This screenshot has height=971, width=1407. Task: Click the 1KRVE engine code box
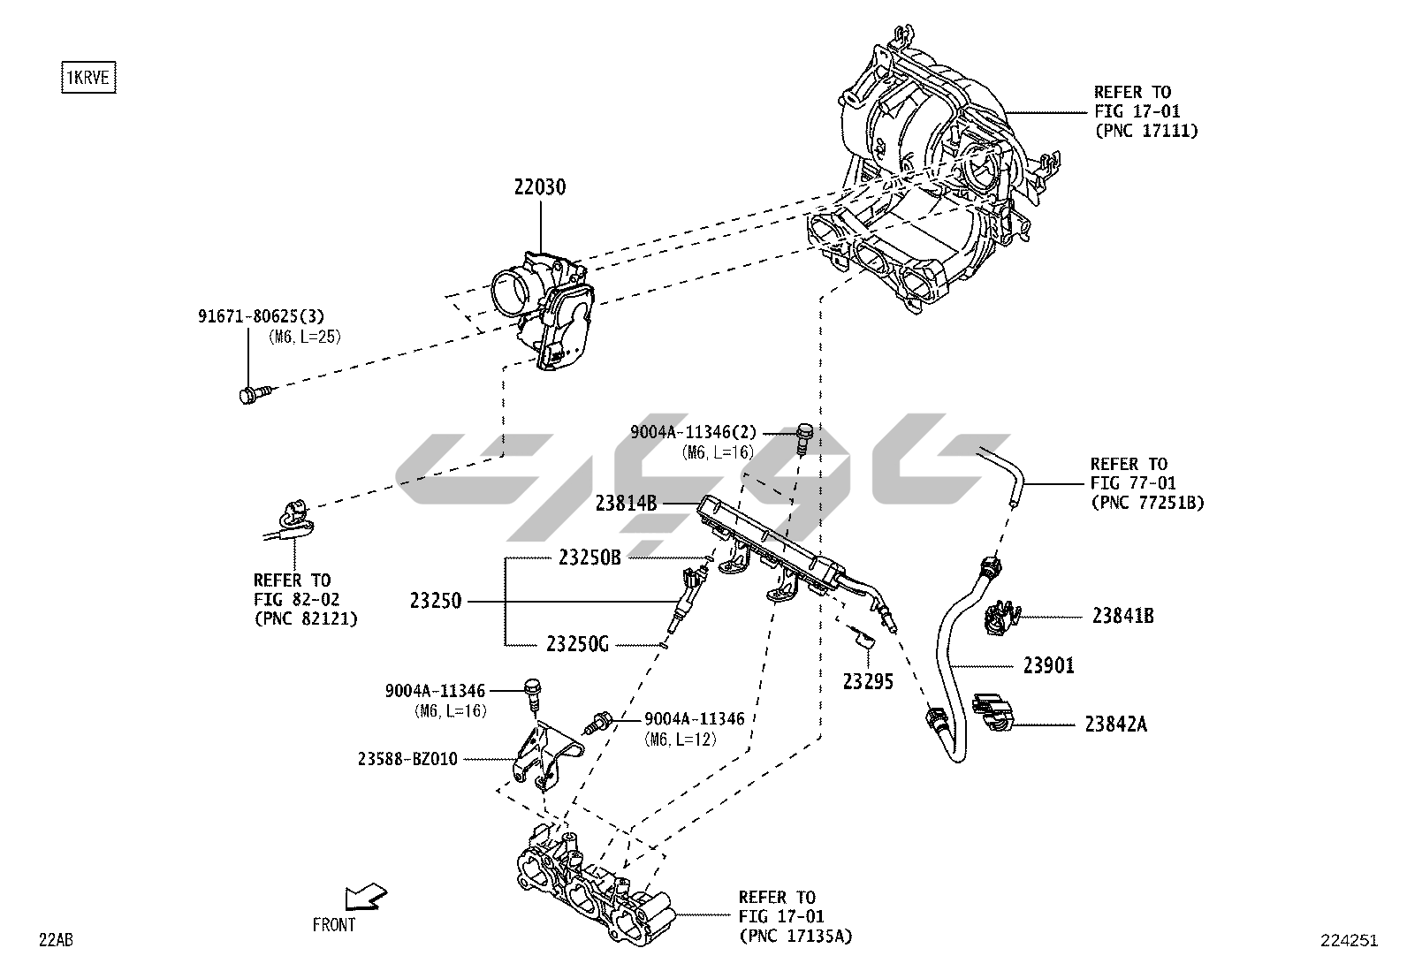(x=88, y=78)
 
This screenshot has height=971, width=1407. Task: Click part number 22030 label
(x=539, y=187)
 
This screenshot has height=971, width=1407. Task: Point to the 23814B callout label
(x=626, y=504)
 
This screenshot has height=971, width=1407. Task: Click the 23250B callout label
(x=590, y=558)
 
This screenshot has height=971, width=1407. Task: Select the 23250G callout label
(x=577, y=644)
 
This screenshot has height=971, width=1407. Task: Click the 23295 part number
(x=868, y=681)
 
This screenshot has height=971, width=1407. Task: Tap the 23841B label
(x=1122, y=617)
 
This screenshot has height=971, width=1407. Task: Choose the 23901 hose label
(x=1049, y=665)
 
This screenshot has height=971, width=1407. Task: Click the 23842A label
(x=1115, y=724)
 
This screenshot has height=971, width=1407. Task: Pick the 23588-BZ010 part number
(x=407, y=758)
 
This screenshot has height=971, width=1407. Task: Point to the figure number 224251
(x=1349, y=941)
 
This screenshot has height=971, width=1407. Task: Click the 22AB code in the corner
(x=55, y=940)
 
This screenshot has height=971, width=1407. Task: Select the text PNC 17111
(x=1145, y=131)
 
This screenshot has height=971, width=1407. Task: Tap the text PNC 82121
(x=306, y=618)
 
